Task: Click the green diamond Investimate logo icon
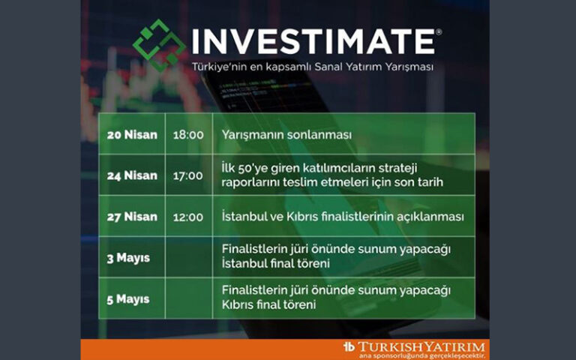click(x=159, y=44)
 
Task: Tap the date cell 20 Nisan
click(x=132, y=135)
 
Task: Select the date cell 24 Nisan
click(x=132, y=175)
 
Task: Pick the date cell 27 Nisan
click(x=132, y=217)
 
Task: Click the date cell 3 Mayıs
click(x=128, y=258)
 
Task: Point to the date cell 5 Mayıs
click(x=128, y=299)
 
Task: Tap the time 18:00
click(x=188, y=135)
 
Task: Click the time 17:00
click(x=188, y=175)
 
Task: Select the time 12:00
click(x=188, y=217)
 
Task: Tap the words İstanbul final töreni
click(x=275, y=265)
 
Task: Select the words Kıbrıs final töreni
click(x=269, y=306)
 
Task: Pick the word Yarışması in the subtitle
click(x=408, y=67)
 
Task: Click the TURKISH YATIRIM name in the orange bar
click(x=421, y=346)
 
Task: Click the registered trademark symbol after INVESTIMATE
click(x=439, y=32)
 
